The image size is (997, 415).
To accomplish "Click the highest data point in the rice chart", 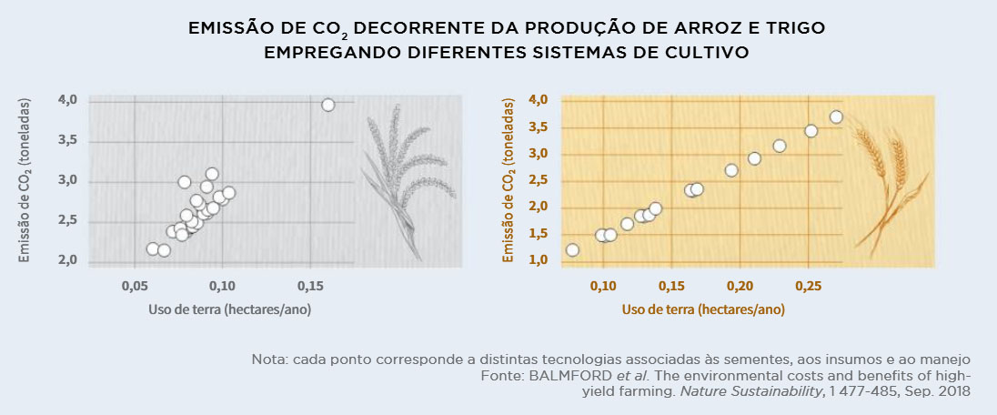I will coord(328,105).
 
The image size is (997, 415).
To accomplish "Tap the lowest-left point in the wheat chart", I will coord(572,249).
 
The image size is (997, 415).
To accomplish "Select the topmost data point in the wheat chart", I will coord(836,116).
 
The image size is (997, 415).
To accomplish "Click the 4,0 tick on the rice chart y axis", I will coord(67,99).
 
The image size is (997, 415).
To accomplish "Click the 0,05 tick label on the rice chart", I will coord(135,287).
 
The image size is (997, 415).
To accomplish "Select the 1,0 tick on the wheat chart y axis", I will coord(539,260).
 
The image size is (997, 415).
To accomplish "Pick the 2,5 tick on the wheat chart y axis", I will coord(539,180).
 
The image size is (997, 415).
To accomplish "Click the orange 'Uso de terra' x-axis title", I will coord(703,309).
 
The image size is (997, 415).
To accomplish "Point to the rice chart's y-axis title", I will coord(25,181).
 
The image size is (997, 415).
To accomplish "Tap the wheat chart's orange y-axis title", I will coord(509,181).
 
